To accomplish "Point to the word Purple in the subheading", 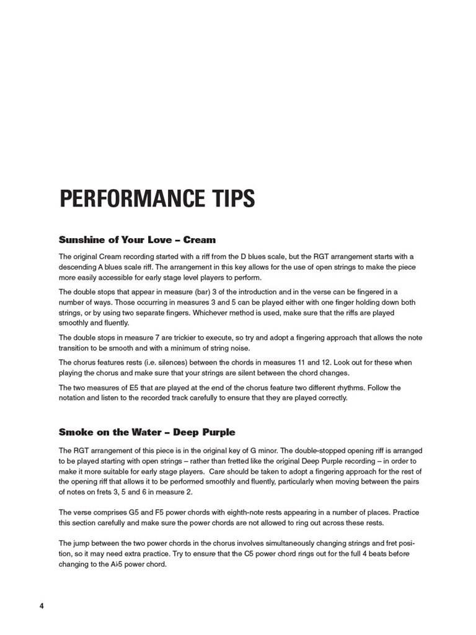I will pyautogui.click(x=218, y=432).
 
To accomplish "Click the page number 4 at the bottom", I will pyautogui.click(x=42, y=605).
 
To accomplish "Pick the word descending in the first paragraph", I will pyautogui.click(x=79, y=266).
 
